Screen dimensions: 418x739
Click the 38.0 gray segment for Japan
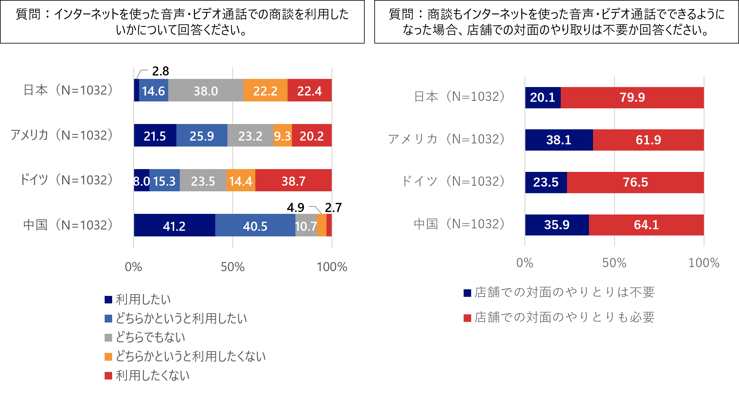click(x=206, y=90)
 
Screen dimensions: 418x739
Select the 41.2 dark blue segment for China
click(x=174, y=225)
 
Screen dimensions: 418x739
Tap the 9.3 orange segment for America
click(x=283, y=136)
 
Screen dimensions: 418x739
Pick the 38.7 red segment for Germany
click(x=294, y=181)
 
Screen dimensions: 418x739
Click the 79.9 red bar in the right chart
click(x=632, y=97)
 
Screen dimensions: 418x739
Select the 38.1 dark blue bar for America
click(x=559, y=140)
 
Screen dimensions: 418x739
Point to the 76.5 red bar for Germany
click(x=635, y=182)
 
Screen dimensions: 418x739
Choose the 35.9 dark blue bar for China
click(x=557, y=225)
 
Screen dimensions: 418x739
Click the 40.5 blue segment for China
click(x=255, y=225)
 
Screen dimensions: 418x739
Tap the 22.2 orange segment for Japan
click(x=265, y=90)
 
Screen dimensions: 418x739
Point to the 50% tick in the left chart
click(x=232, y=267)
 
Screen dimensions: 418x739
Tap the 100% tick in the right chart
click(x=704, y=263)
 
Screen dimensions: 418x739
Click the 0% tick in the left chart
click(x=133, y=267)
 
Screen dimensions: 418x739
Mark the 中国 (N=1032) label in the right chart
click(x=459, y=224)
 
